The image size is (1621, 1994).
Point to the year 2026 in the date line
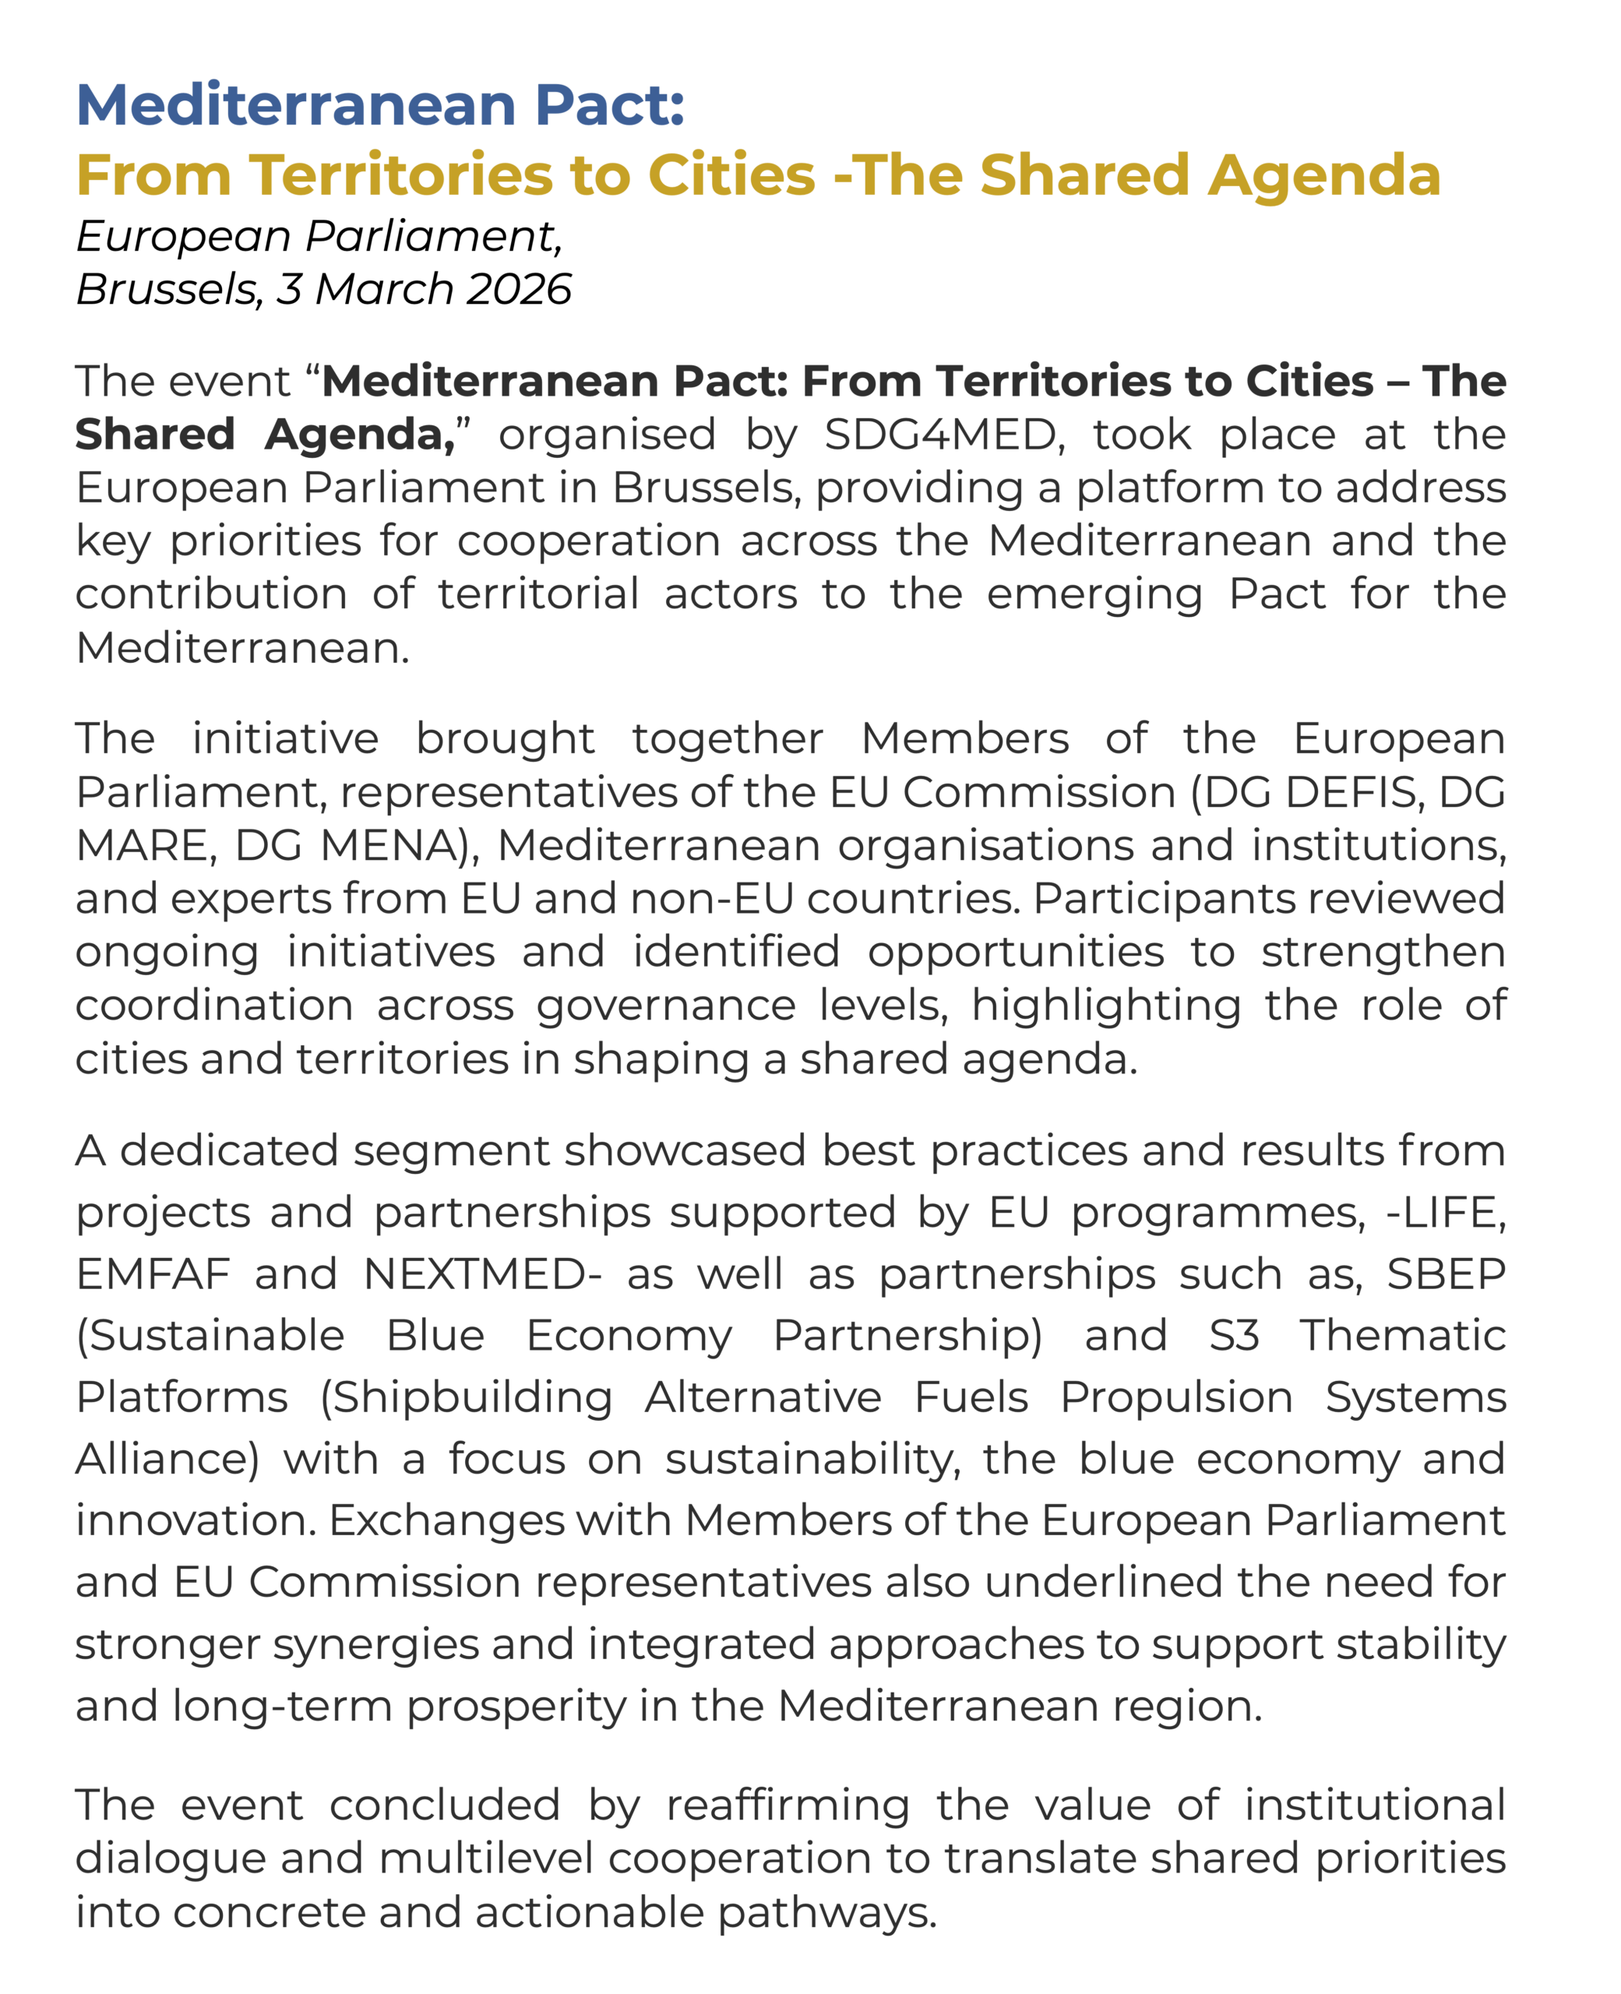518,290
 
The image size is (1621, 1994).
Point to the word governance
666,1006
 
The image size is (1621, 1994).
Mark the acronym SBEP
1446,1274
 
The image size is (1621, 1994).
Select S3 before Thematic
1234,1336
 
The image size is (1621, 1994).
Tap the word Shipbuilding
466,1397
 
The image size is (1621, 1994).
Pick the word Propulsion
1175,1397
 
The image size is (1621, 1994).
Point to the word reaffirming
788,1806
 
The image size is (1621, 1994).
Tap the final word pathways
826,1913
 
